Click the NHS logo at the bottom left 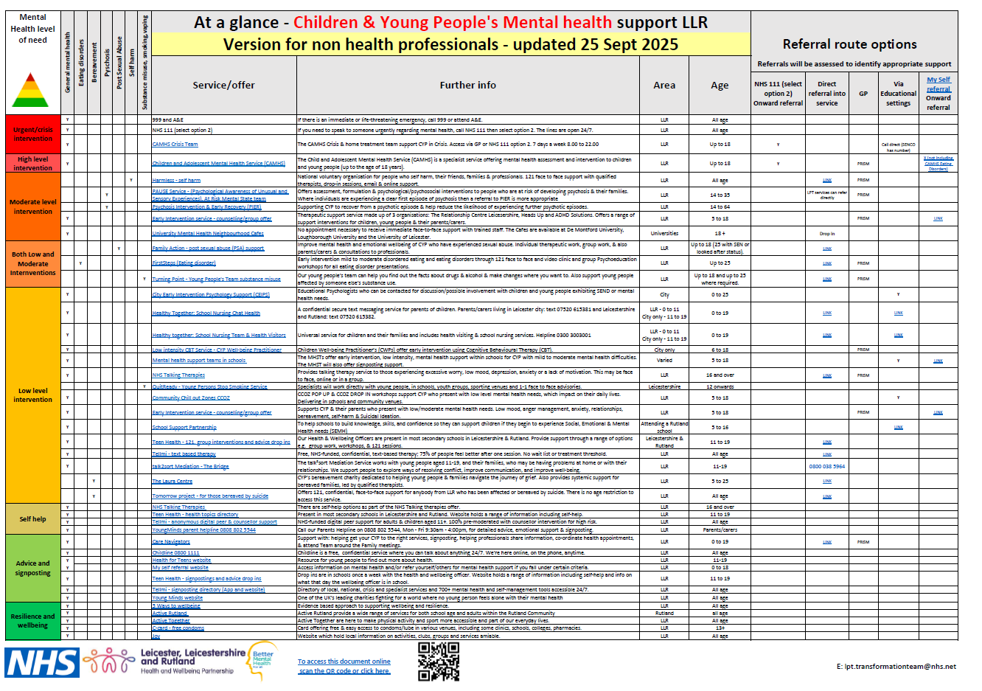[42, 662]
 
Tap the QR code [439, 661]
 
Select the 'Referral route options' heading [849, 44]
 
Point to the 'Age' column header [720, 86]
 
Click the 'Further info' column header [467, 86]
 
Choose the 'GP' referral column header [863, 94]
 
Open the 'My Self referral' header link [939, 84]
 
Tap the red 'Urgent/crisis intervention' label [33, 134]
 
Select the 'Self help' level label [33, 519]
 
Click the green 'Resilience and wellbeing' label [33, 621]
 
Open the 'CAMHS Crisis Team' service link [175, 145]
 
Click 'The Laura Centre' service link [172, 482]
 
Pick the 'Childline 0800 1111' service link [175, 552]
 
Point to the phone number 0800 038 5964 [826, 466]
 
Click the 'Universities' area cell [664, 233]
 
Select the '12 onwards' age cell [720, 386]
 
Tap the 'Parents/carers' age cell [720, 529]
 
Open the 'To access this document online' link [344, 662]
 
